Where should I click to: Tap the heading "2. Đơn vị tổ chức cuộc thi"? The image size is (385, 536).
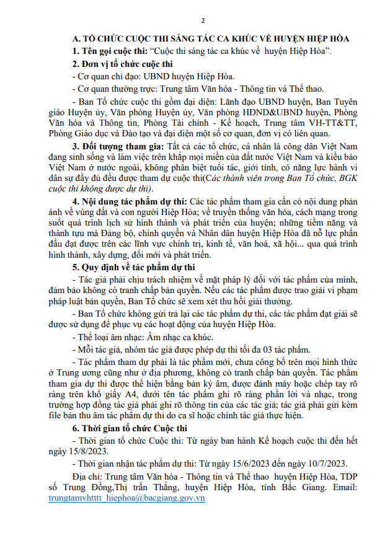(122, 64)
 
